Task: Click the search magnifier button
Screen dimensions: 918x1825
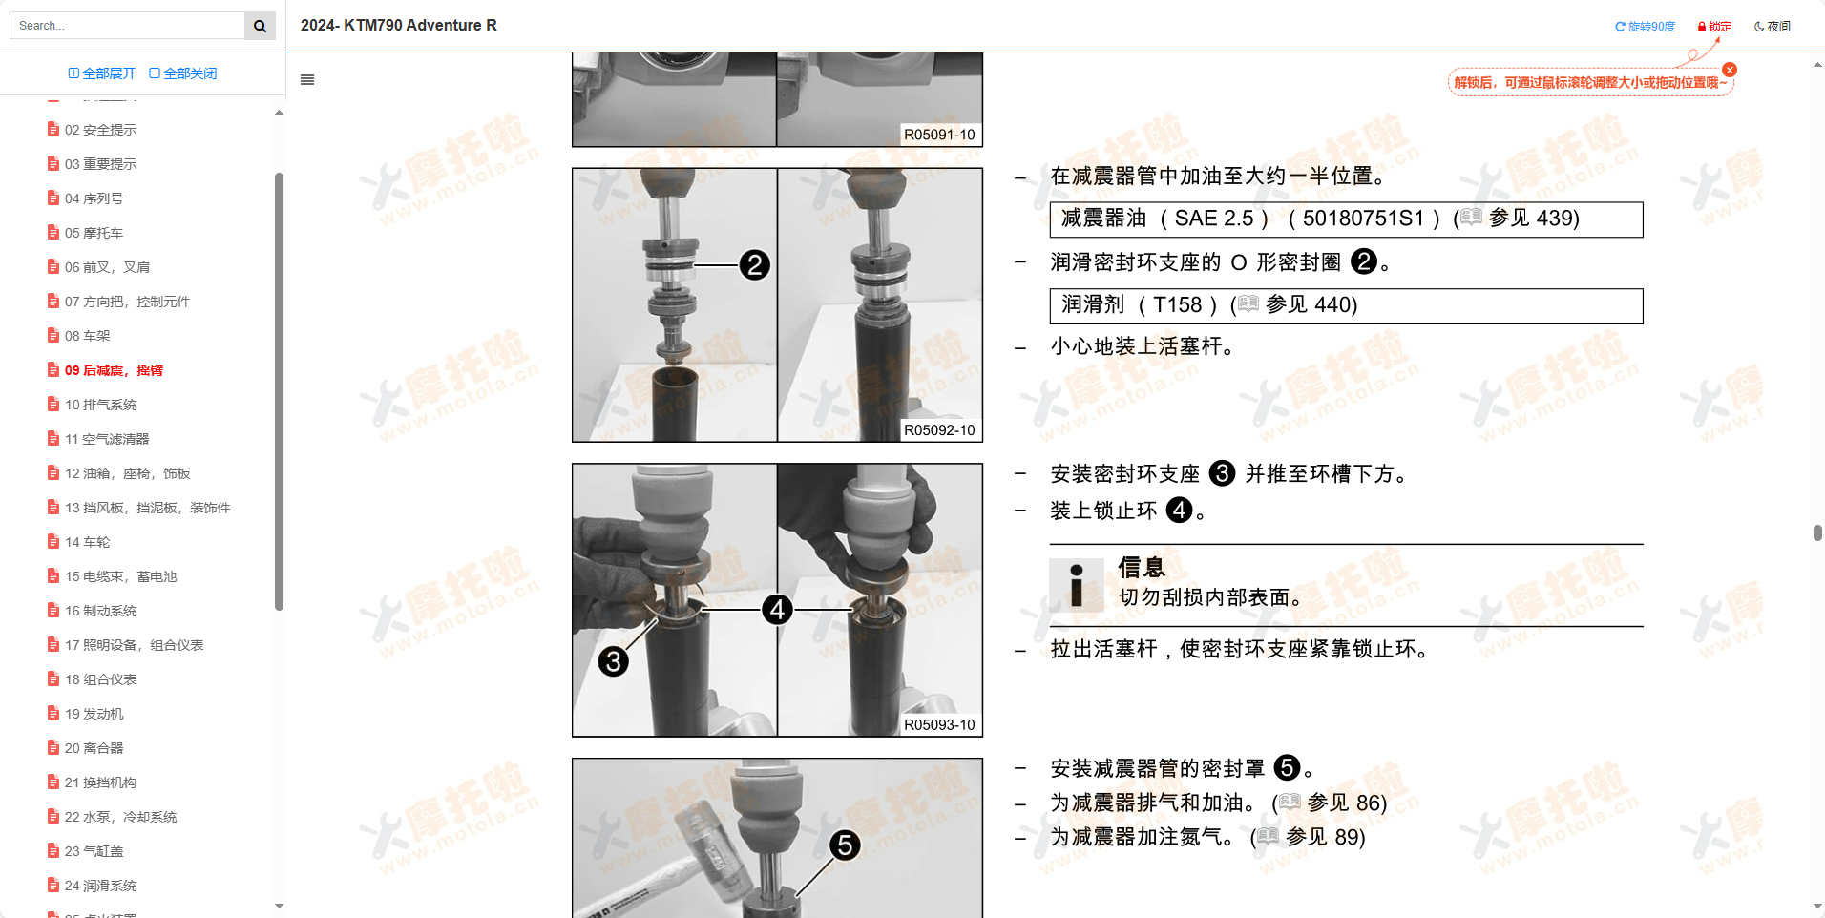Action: [260, 26]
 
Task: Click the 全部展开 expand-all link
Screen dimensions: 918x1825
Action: [102, 73]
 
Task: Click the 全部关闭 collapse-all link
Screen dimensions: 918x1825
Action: [183, 73]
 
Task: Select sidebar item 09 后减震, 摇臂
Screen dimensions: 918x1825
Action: [114, 370]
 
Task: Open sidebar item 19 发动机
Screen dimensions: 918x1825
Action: [94, 714]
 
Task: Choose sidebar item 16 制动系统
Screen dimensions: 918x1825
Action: [100, 611]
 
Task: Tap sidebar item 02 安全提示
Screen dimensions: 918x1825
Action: [100, 130]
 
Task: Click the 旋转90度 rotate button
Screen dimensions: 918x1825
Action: [1645, 27]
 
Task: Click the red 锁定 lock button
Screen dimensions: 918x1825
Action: [1714, 27]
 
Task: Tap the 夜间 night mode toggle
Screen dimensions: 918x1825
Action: [1773, 27]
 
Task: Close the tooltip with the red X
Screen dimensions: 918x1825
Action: [1730, 70]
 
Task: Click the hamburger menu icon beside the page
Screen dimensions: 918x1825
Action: [307, 80]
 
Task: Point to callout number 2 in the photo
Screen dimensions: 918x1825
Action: [755, 265]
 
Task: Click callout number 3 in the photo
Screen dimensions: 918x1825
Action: [614, 661]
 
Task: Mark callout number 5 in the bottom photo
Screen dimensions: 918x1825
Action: [845, 845]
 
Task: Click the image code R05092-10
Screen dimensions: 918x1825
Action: [939, 430]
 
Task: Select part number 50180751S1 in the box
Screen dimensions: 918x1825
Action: [1363, 219]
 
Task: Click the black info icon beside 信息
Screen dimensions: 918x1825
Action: [1077, 585]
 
